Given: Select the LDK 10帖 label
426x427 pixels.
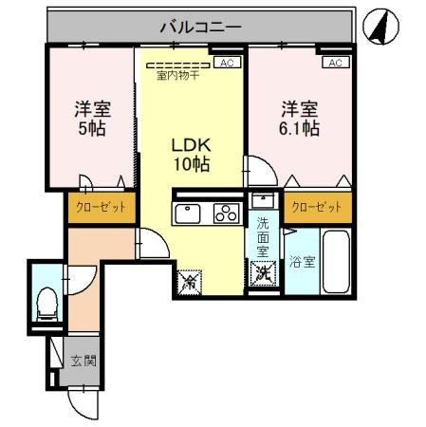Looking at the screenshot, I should click(x=190, y=155).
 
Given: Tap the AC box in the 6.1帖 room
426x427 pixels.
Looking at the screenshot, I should click(x=335, y=63).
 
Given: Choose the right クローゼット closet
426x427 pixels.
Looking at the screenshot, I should click(x=316, y=207).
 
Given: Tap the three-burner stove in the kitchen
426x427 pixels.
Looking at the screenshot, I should click(x=226, y=212).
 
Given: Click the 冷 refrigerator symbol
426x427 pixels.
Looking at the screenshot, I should click(x=190, y=281).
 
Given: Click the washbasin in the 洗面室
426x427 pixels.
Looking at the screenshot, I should click(x=263, y=201).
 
